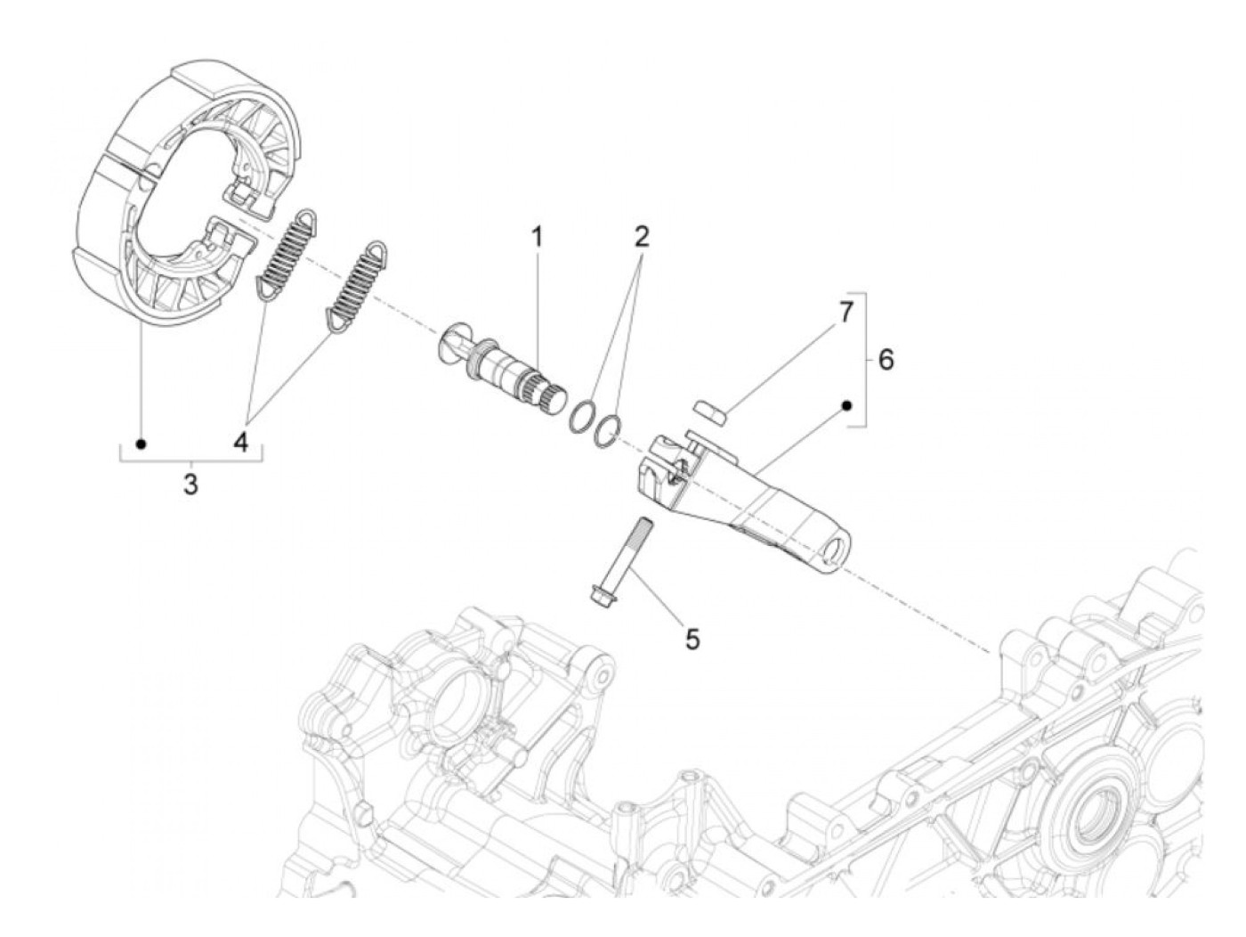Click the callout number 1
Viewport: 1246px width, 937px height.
click(537, 238)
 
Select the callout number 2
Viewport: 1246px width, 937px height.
click(642, 237)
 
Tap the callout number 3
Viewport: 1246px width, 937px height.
click(190, 485)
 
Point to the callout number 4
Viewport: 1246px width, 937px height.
click(241, 441)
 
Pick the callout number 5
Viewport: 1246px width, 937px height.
click(692, 638)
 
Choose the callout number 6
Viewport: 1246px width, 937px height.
click(886, 360)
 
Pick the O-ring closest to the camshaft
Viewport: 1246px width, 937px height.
click(583, 416)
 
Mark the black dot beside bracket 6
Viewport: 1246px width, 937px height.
click(847, 406)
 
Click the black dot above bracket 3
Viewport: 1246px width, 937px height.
click(140, 443)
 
